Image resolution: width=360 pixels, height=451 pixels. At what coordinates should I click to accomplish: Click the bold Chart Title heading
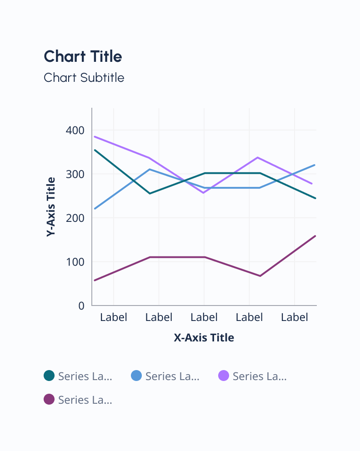pos(83,57)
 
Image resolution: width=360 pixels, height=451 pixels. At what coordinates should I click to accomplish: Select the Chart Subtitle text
pos(84,78)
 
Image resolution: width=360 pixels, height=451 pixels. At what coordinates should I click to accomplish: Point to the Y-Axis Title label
pos(51,206)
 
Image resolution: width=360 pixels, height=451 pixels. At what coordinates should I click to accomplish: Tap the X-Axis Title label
pos(204,337)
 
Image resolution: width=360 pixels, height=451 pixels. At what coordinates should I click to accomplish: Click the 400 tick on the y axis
pos(75,130)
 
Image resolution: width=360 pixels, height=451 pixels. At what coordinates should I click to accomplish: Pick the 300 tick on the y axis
pos(75,174)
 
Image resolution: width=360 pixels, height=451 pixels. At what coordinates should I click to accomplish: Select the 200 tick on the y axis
pos(75,218)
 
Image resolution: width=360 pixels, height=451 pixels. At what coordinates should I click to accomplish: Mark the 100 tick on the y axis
pos(75,262)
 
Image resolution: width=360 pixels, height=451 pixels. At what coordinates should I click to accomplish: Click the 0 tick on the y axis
pos(81,306)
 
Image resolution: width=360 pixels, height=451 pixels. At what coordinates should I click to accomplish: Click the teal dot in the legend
pos(49,376)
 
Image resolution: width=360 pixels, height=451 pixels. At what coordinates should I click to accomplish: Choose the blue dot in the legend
pos(136,376)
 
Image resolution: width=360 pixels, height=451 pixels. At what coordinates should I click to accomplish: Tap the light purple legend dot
pos(224,376)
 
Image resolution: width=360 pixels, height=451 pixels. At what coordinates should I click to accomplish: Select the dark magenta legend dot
pos(49,400)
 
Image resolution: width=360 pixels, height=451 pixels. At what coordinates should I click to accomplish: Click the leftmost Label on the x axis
pos(113,317)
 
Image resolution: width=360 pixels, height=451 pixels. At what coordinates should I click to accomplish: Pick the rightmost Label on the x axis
pos(295,317)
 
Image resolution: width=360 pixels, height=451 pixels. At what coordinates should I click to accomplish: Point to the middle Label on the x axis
pos(204,317)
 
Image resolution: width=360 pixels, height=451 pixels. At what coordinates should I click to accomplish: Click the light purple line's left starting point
pos(95,136)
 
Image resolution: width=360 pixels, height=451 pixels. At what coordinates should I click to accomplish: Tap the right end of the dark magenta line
pos(315,236)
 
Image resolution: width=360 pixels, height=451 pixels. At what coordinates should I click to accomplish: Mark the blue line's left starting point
pos(95,209)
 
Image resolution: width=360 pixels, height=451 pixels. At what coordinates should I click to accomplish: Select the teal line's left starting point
pos(95,150)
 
